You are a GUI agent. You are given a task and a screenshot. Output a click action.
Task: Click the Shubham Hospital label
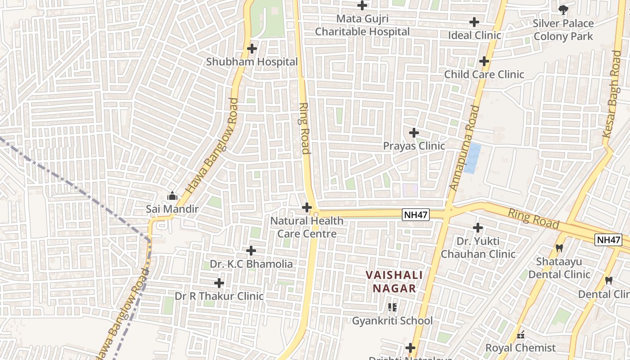tap(252, 62)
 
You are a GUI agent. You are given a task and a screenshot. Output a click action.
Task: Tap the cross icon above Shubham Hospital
tap(252, 48)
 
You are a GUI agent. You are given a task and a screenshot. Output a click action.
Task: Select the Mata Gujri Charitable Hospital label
tap(362, 25)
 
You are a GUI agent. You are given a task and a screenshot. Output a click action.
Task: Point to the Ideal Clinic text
tap(474, 35)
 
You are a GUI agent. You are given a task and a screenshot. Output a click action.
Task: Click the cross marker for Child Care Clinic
tap(484, 61)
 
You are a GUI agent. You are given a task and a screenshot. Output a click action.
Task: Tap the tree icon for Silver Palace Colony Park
tap(563, 9)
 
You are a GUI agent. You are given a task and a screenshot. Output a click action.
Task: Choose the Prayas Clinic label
tap(414, 146)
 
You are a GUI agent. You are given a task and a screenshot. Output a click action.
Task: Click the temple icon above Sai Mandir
tap(172, 196)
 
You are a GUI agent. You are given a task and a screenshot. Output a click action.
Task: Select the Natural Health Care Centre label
tap(307, 227)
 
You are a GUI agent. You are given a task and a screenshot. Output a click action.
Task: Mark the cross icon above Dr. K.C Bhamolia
tap(251, 250)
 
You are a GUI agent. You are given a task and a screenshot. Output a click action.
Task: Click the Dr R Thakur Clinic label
tap(219, 296)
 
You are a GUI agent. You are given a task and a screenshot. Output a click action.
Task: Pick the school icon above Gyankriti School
tap(392, 307)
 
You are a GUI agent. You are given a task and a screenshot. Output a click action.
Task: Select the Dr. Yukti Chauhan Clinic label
tap(478, 247)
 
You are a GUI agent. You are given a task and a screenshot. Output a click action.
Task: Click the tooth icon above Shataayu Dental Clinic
tap(559, 248)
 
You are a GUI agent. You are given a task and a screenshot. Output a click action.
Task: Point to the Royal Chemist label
tap(520, 348)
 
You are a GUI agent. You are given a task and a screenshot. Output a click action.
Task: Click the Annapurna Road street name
tap(463, 148)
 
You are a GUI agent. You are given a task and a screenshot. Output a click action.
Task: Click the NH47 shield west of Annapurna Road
tap(415, 215)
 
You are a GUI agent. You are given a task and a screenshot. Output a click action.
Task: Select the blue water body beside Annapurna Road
tap(472, 158)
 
